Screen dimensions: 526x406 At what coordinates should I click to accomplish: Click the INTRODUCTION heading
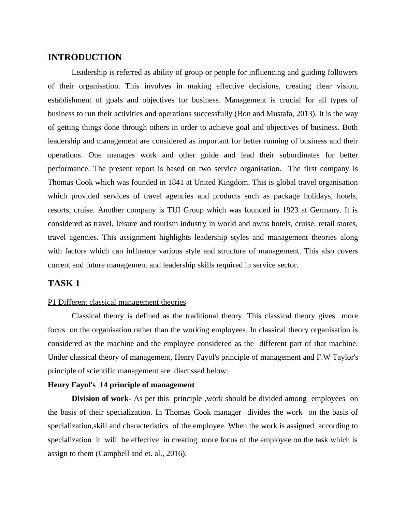(85, 57)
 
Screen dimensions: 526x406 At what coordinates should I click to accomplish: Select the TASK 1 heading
(64, 283)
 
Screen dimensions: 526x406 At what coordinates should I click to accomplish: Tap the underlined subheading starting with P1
(117, 302)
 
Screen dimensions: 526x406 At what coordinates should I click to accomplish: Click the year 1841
(176, 182)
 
